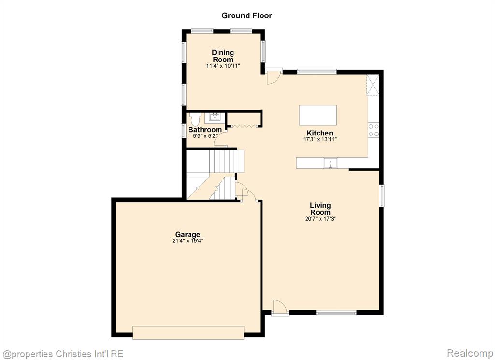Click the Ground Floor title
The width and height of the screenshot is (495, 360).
pos(247,15)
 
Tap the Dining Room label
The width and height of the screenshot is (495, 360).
pos(223,56)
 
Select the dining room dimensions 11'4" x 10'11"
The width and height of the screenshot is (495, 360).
pos(223,66)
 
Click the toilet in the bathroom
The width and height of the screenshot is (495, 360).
pos(195,119)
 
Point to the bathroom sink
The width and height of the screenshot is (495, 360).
pos(215,117)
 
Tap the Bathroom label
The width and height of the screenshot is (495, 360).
pos(205,130)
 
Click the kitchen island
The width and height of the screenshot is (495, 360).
pos(318,115)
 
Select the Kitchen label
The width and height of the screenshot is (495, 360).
pos(320,133)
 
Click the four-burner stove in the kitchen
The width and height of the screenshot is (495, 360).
pos(374,130)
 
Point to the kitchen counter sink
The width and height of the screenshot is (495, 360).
pos(330,163)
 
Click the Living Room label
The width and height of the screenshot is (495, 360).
pos(320,209)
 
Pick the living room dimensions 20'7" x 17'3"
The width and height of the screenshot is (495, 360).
pos(320,219)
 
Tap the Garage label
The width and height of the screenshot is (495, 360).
pos(188,235)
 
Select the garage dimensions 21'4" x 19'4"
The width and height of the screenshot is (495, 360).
pos(188,241)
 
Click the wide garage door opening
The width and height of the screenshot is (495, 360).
pos(188,332)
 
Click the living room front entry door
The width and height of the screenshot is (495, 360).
pos(280,308)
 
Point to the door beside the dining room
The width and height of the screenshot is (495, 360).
pos(274,76)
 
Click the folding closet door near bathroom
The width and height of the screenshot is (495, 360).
pos(244,126)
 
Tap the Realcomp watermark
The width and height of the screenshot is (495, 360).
pos(470,353)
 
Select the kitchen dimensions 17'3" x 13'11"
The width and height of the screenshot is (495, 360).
pos(320,139)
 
